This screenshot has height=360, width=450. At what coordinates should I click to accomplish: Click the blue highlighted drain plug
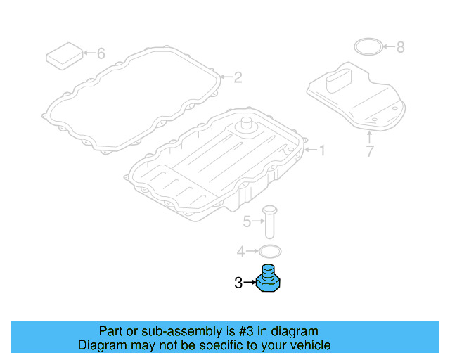(x=269, y=280)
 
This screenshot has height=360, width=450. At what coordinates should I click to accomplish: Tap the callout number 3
(x=238, y=283)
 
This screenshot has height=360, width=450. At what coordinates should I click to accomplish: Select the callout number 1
(x=323, y=150)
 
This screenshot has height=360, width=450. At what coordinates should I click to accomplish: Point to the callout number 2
(x=238, y=77)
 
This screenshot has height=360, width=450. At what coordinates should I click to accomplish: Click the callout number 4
(x=240, y=250)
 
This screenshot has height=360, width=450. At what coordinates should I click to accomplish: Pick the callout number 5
(x=247, y=222)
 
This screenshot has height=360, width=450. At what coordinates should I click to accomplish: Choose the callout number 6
(x=101, y=53)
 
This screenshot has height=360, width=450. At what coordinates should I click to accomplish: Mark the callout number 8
(x=400, y=47)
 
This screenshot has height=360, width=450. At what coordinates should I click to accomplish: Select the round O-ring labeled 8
(x=367, y=47)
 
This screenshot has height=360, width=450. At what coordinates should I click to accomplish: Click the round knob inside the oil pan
(x=247, y=127)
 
